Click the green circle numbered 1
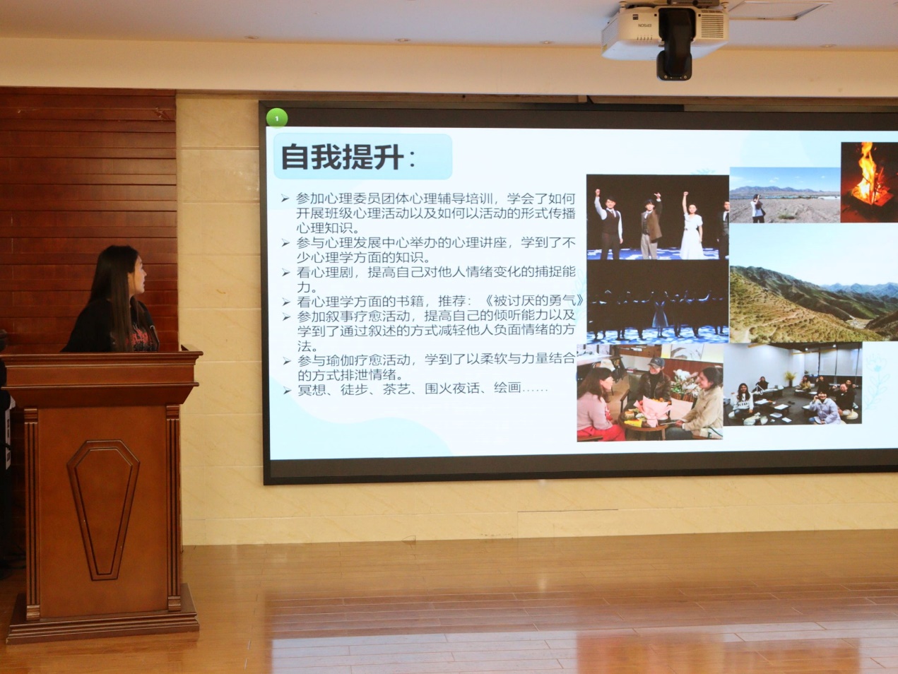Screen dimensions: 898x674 click(277, 118)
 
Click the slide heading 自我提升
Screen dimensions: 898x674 click(343, 157)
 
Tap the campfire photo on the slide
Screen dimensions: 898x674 click(869, 182)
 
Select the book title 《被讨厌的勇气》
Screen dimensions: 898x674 click(533, 300)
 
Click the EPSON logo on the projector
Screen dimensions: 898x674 click(644, 25)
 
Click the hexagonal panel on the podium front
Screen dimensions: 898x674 click(103, 509)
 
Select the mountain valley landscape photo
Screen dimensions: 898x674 click(813, 284)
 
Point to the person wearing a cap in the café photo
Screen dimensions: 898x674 click(654, 378)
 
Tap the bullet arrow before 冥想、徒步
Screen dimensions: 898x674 click(287, 391)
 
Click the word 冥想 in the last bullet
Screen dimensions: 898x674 click(312, 389)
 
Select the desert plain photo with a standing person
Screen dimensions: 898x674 click(785, 195)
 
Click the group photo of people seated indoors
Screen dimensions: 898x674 click(793, 384)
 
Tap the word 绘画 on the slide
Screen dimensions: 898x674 click(507, 388)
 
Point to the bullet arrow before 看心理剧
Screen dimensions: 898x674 click(286, 273)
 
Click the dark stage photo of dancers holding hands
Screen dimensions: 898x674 click(658, 302)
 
